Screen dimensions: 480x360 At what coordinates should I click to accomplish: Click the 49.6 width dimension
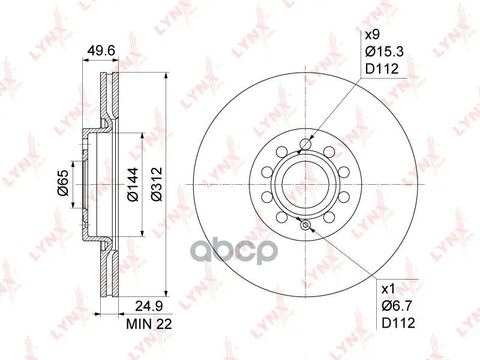101,50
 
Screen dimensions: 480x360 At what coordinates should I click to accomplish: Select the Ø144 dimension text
133,185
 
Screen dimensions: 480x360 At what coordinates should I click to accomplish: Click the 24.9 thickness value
149,306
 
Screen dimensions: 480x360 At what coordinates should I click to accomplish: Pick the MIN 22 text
149,323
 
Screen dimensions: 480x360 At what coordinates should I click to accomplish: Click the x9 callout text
373,35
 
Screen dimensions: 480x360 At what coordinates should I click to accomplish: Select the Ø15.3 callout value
385,52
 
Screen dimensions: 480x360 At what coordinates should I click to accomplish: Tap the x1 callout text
388,289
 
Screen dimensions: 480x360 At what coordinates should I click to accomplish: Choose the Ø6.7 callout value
397,306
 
